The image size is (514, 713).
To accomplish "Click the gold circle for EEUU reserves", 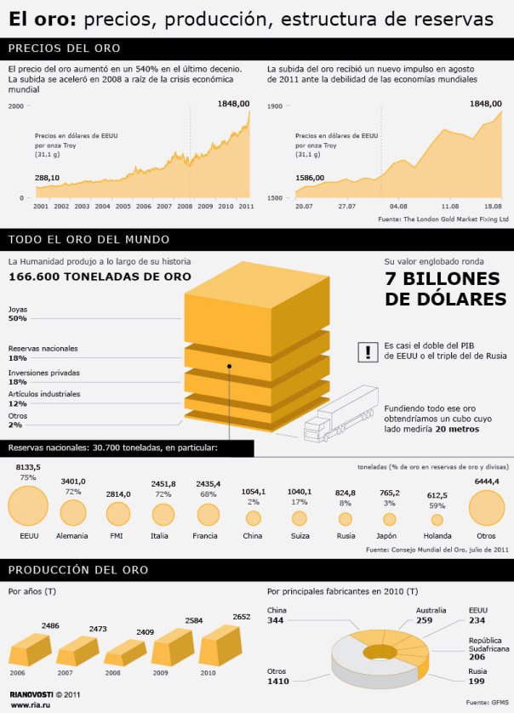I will (29, 509).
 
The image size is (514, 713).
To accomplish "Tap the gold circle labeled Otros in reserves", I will (486, 509).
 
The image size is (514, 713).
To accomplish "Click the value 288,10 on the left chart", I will (47, 178).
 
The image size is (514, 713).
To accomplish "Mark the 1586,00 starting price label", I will (310, 178).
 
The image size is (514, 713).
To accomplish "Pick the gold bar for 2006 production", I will (29, 650).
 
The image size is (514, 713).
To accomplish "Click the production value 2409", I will (146, 632).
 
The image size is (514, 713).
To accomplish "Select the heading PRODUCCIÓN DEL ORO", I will (78, 569).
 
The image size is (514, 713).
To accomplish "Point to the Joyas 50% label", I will (18, 313).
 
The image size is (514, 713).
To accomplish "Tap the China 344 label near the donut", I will (276, 616).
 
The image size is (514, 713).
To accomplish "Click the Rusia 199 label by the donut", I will (477, 677).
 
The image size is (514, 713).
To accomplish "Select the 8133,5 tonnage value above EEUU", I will (28, 466).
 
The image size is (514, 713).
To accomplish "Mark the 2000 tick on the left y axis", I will (16, 106).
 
